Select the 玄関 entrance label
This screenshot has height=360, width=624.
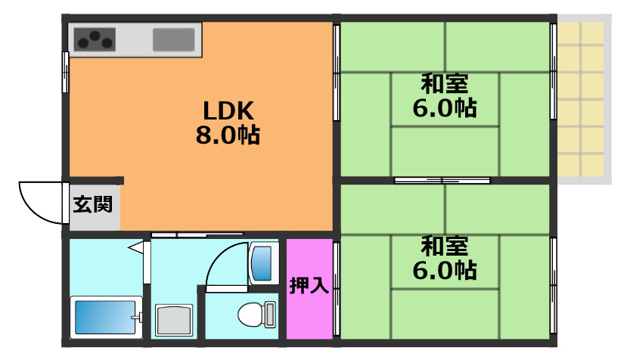[x=93, y=204]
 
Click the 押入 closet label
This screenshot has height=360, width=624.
[x=309, y=286]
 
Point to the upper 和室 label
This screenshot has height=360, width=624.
[x=444, y=82]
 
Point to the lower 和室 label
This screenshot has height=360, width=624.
[x=444, y=246]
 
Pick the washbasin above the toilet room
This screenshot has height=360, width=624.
[x=262, y=262]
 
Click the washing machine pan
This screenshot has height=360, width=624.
[x=175, y=320]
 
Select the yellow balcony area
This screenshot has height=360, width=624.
[x=582, y=98]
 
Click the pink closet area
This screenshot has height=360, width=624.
[x=309, y=310]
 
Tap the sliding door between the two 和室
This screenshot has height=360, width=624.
[x=442, y=180]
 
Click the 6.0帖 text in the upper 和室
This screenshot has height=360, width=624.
[x=444, y=108]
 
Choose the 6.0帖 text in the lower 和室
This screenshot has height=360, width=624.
[x=444, y=270]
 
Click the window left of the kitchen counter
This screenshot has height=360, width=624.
[x=66, y=72]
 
